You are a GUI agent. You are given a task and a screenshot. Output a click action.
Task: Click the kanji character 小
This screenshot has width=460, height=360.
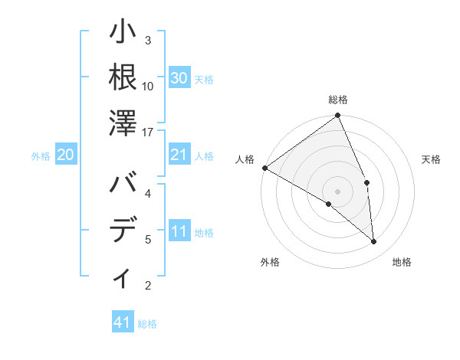123,34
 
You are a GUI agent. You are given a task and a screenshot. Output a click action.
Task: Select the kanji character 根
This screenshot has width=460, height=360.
123,77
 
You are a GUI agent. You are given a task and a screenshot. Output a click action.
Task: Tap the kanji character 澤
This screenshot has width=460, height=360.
123,122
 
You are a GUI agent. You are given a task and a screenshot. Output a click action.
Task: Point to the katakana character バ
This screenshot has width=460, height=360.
123,187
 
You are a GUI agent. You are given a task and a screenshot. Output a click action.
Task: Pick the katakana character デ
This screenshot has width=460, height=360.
123,231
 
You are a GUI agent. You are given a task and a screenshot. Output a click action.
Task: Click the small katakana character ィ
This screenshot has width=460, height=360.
123,277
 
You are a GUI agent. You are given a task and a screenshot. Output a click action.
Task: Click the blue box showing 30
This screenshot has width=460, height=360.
179,78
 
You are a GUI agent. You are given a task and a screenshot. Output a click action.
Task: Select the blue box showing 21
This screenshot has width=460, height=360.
179,155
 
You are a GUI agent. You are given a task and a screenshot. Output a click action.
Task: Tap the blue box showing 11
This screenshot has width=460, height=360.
179,232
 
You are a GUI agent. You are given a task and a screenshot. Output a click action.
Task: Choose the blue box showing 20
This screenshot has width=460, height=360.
65,155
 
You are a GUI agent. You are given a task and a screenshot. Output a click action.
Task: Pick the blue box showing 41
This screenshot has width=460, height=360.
123,322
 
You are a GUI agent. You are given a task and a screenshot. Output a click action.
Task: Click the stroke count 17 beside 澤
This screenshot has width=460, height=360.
149,133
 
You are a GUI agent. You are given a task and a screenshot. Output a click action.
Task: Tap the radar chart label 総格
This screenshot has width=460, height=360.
338,100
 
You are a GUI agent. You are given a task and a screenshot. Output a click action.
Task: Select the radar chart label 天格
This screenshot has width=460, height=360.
432,159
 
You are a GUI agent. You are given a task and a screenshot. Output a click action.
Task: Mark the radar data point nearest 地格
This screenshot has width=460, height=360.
373,242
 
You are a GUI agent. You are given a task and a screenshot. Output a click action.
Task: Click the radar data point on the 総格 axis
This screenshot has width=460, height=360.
337,116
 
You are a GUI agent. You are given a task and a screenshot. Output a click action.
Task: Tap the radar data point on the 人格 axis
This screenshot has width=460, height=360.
264,167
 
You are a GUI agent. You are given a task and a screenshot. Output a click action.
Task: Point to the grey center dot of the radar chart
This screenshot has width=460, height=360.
337,191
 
